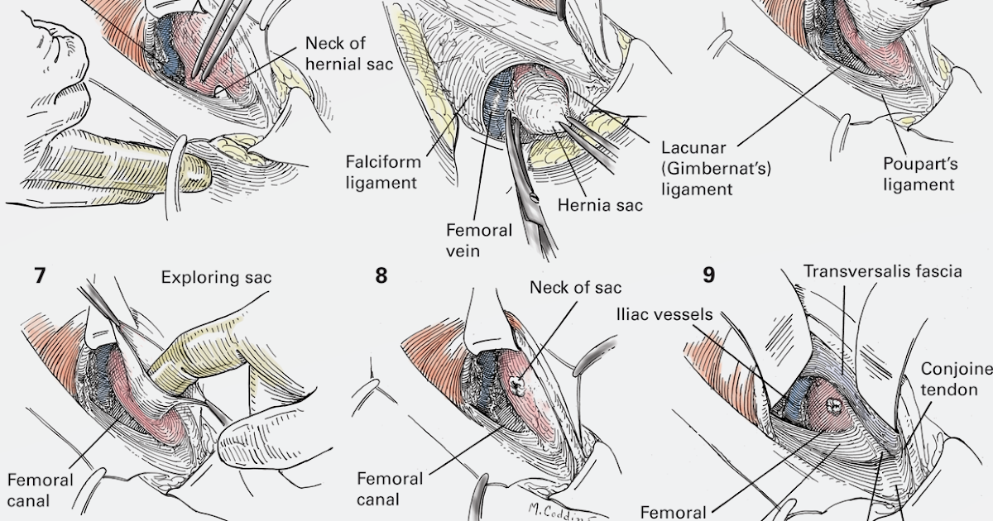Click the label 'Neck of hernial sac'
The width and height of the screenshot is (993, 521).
[x=347, y=53]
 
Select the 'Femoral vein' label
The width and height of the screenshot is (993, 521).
[x=479, y=240]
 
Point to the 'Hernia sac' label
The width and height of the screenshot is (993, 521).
[x=600, y=204]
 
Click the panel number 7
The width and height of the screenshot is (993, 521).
[x=40, y=275]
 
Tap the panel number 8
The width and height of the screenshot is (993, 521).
[x=381, y=275]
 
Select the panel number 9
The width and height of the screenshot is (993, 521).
[x=708, y=275]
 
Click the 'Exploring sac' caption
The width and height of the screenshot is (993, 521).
[x=216, y=277]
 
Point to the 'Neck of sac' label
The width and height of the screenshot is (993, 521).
[x=575, y=287]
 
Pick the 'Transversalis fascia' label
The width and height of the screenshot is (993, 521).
[x=882, y=271]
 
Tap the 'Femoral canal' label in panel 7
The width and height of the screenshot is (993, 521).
[x=40, y=490]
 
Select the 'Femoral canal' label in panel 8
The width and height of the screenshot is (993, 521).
[x=390, y=488]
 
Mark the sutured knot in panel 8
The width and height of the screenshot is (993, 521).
[x=517, y=383]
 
